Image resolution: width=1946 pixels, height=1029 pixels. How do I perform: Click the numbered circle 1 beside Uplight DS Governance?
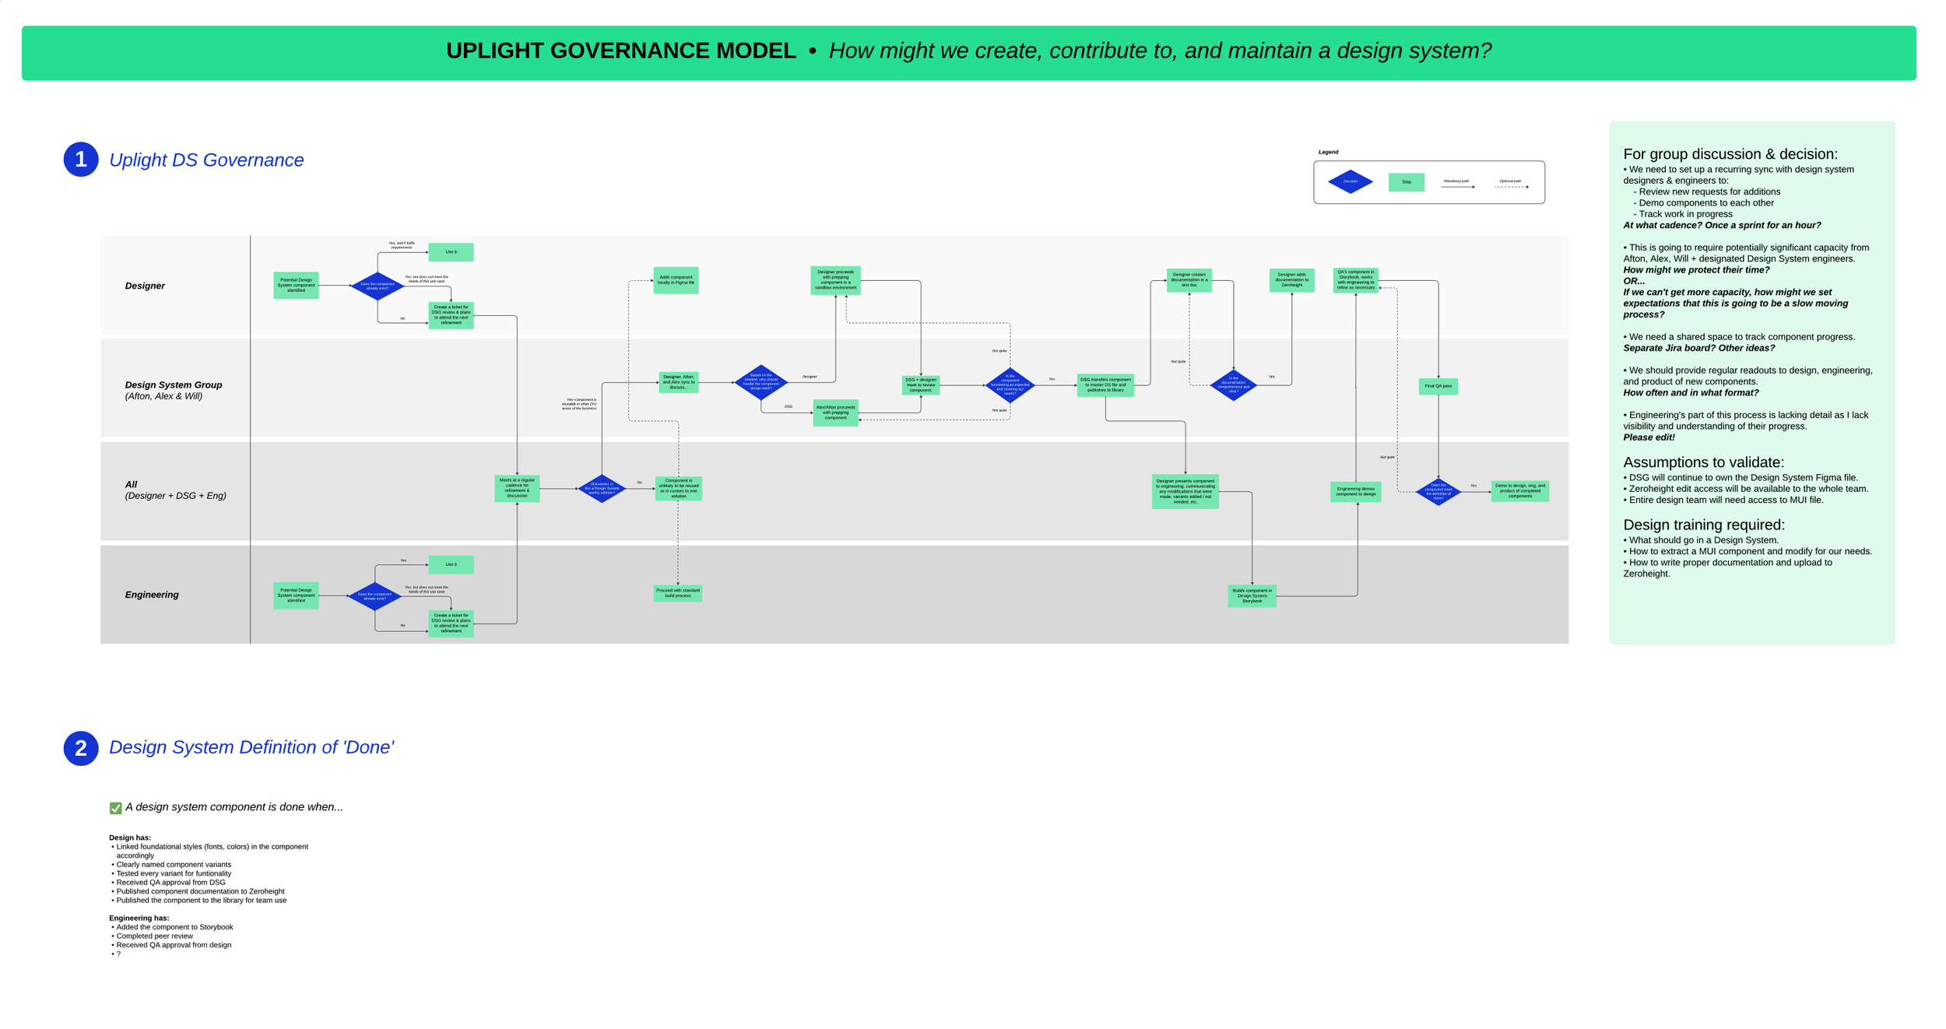point(81,160)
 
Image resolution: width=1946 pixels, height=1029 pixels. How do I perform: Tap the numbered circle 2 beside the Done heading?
point(81,748)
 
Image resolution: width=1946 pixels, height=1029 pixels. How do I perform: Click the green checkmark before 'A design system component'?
point(115,808)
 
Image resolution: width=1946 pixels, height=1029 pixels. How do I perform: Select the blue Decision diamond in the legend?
point(1350,181)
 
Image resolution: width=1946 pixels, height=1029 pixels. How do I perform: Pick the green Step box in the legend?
point(1406,182)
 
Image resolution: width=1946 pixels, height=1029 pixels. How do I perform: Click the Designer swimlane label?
point(145,286)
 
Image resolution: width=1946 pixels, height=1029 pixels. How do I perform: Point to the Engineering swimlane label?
point(152,595)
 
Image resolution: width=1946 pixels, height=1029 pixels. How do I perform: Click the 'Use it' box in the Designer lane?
point(451,252)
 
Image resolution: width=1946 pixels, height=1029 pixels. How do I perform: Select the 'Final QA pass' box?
point(1438,386)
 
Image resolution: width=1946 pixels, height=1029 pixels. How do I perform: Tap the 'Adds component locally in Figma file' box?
point(676,280)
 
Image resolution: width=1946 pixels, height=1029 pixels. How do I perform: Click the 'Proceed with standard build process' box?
point(677,593)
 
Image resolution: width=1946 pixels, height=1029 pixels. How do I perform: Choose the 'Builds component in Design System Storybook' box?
point(1252,595)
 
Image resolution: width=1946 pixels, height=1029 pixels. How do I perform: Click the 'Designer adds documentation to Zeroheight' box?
point(1291,280)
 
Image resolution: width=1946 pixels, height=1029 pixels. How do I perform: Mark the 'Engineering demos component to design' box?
point(1355,492)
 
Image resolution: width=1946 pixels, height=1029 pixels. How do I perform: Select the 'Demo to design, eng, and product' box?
point(1519,491)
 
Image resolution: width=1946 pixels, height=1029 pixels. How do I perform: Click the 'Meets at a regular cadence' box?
point(517,489)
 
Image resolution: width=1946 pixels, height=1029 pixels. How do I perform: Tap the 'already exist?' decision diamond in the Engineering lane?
point(374,596)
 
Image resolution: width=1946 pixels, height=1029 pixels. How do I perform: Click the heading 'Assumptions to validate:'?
point(1703,462)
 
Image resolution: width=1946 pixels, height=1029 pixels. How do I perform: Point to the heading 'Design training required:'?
point(1703,525)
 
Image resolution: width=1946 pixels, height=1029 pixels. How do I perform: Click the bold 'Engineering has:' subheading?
point(139,918)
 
